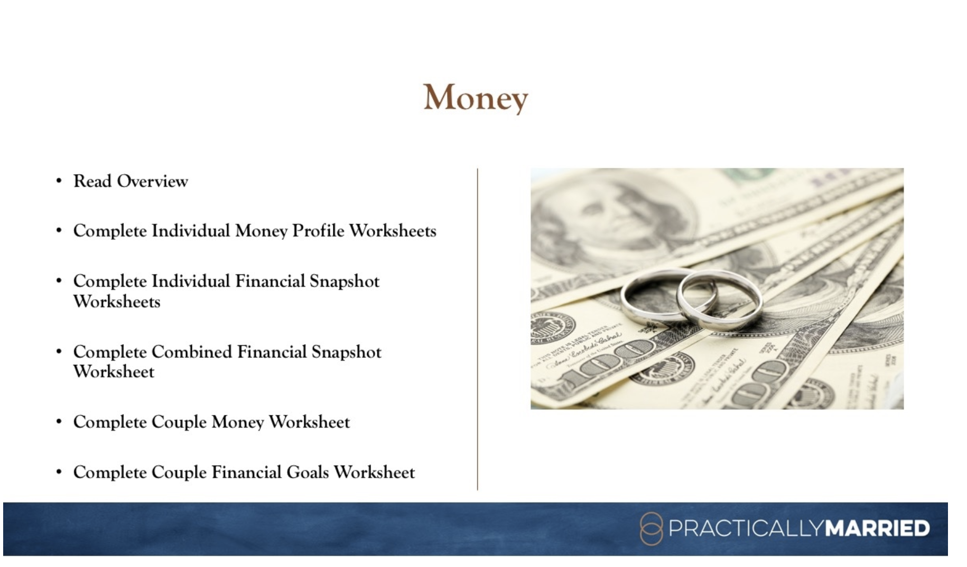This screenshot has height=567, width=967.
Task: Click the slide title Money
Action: (x=476, y=98)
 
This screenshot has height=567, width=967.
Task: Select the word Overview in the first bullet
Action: (x=152, y=181)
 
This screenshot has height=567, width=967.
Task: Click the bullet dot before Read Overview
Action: (x=59, y=181)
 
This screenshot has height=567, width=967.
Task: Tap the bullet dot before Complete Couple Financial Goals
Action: (x=59, y=472)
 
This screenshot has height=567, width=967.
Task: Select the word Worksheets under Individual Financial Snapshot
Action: (x=117, y=301)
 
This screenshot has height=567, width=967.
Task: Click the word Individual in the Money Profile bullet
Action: (x=191, y=231)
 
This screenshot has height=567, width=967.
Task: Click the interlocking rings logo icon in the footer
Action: (x=650, y=528)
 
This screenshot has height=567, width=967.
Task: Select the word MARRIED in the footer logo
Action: (x=877, y=528)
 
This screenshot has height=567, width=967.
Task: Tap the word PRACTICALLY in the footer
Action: (x=746, y=528)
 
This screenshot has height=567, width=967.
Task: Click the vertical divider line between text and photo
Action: (x=477, y=329)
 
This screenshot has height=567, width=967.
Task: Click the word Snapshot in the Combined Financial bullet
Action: (x=346, y=352)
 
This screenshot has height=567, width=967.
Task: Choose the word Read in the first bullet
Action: (x=92, y=181)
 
